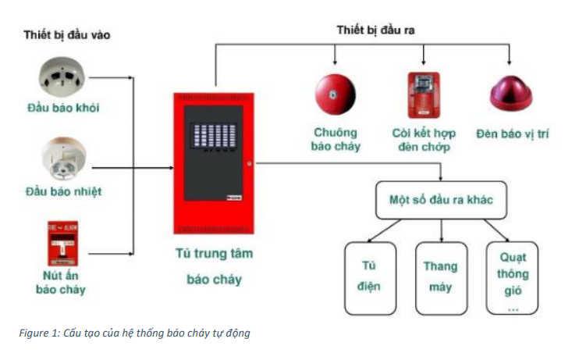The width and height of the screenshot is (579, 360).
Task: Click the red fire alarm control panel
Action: coord(212,164)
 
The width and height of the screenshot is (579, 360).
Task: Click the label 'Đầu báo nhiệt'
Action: coord(63,191)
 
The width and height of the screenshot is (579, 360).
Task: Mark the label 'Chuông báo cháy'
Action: coord(336,139)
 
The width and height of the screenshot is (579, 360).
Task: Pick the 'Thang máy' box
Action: coord(440,276)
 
